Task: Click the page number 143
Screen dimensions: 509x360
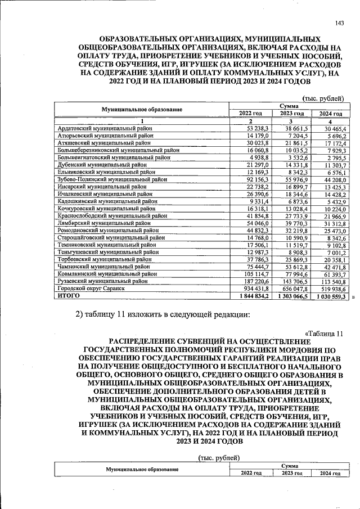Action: (x=339, y=22)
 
